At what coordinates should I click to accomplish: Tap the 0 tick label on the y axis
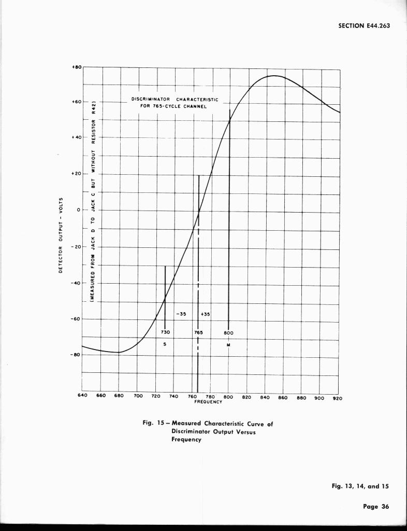pos(77,210)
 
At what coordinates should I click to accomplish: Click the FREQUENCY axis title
pos(208,401)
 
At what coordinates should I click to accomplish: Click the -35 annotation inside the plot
pos(181,314)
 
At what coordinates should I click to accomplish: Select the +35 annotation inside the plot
pos(205,314)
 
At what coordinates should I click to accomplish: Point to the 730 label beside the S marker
pos(165,332)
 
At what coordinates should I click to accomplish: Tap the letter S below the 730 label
pos(165,344)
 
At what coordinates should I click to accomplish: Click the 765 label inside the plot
pos(198,332)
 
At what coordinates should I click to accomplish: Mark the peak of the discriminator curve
pos(273,76)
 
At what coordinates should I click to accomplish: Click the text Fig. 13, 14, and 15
pos(360,486)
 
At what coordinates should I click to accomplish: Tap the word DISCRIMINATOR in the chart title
pos(151,99)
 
